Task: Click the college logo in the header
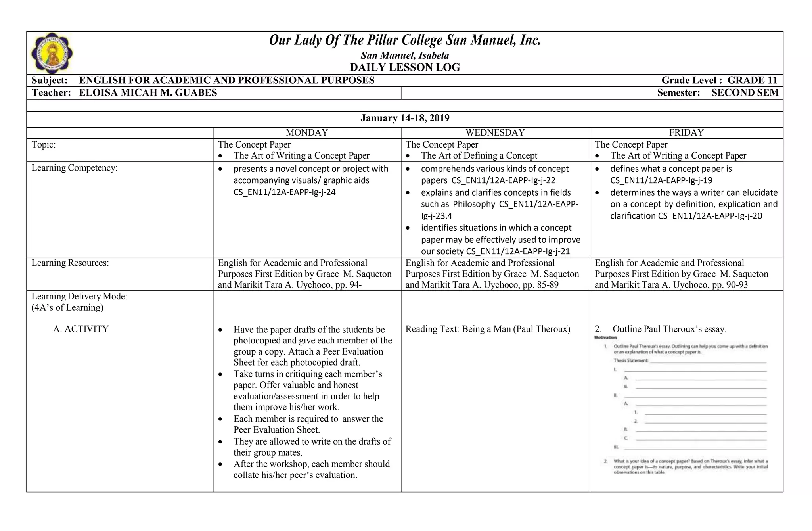pyautogui.click(x=52, y=53)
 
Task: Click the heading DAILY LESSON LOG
pyautogui.click(x=405, y=67)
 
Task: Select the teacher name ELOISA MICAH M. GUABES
pyautogui.click(x=148, y=93)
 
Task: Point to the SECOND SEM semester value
pyautogui.click(x=745, y=93)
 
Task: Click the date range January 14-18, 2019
pyautogui.click(x=405, y=118)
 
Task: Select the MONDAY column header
pyautogui.click(x=307, y=133)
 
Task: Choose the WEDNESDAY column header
pyautogui.click(x=495, y=133)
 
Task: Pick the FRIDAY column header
pyautogui.click(x=686, y=133)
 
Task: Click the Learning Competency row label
pyautogui.click(x=75, y=168)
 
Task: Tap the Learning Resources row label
pyautogui.click(x=70, y=263)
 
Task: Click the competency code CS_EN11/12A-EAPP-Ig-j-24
pyautogui.click(x=284, y=192)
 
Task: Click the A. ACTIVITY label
pyautogui.click(x=80, y=329)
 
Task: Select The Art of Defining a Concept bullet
pyautogui.click(x=479, y=156)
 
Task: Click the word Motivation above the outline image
pyautogui.click(x=605, y=338)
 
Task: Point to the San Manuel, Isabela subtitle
pyautogui.click(x=405, y=56)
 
